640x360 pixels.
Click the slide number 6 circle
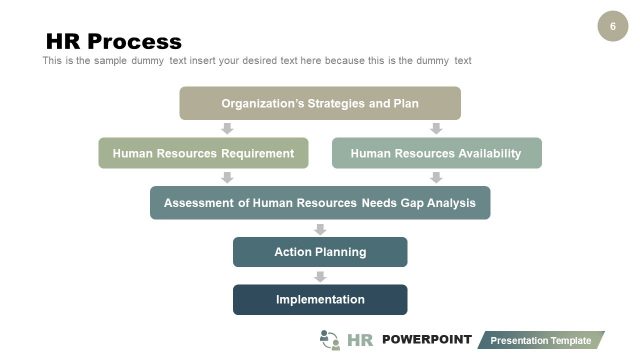click(613, 26)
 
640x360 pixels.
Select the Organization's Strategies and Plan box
click(320, 103)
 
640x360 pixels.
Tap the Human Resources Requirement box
click(203, 153)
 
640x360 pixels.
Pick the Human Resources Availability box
click(436, 153)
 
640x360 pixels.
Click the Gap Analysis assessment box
click(320, 202)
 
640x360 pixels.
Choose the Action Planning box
click(320, 252)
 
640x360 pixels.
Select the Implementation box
click(320, 299)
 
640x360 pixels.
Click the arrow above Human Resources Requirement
click(227, 129)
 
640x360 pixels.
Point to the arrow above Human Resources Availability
click(436, 129)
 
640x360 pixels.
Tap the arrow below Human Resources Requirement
click(227, 178)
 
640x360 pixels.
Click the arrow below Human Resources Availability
click(436, 178)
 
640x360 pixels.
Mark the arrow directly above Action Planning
click(320, 228)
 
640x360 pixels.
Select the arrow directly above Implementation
click(320, 276)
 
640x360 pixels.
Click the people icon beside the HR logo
click(330, 340)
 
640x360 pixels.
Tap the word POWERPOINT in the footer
click(426, 340)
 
